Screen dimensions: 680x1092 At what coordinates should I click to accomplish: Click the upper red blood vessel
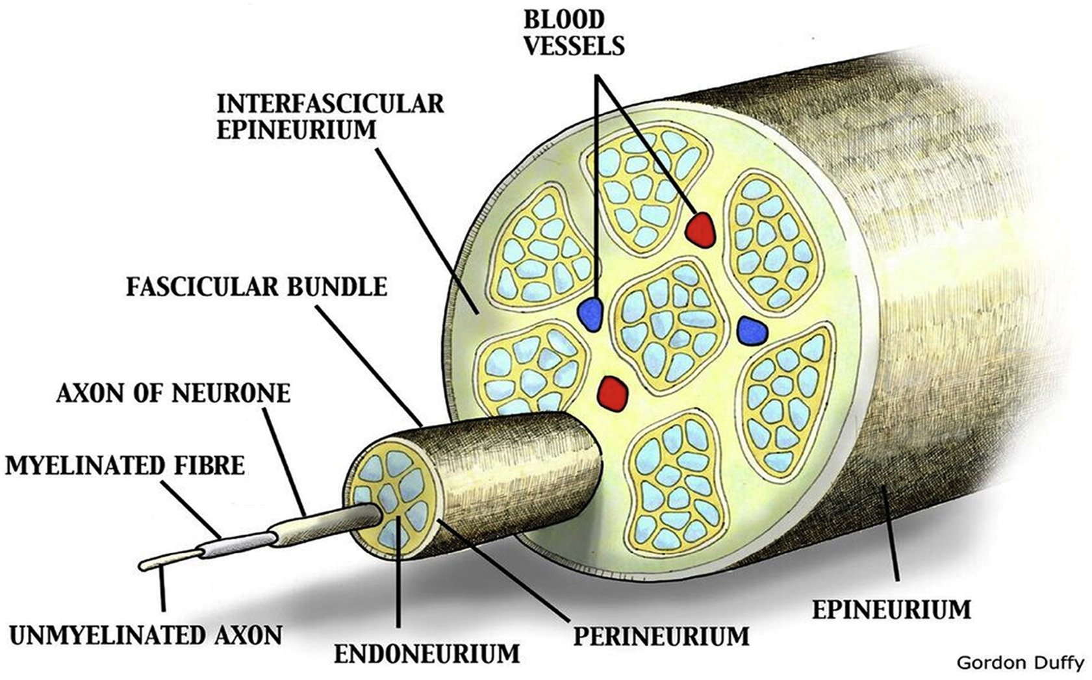click(701, 229)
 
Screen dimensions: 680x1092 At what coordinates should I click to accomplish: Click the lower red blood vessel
click(613, 392)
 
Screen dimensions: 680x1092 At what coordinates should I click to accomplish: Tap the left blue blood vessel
click(591, 315)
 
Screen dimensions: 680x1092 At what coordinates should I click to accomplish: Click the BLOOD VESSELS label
click(574, 32)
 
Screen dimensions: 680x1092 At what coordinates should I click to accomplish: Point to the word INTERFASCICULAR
click(330, 104)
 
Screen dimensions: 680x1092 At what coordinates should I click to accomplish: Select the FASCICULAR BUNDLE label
click(257, 286)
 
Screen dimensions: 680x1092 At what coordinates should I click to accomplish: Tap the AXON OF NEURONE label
click(173, 393)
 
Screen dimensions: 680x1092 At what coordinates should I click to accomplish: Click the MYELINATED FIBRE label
click(125, 465)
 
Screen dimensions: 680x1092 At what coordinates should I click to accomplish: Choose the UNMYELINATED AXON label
click(146, 635)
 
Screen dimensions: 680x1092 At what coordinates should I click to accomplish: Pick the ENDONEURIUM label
click(427, 653)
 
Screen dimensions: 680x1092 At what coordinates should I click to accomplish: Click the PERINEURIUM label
click(661, 636)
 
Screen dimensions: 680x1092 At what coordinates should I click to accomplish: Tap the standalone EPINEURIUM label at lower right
click(891, 610)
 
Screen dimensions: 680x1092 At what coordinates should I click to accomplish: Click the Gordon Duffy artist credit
click(1021, 662)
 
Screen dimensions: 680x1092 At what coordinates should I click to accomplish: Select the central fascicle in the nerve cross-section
click(669, 323)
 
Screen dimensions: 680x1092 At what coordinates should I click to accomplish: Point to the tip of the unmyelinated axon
click(144, 566)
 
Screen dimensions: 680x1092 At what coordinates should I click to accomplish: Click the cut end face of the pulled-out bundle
click(394, 497)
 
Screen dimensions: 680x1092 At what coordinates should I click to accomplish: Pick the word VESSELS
click(574, 45)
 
